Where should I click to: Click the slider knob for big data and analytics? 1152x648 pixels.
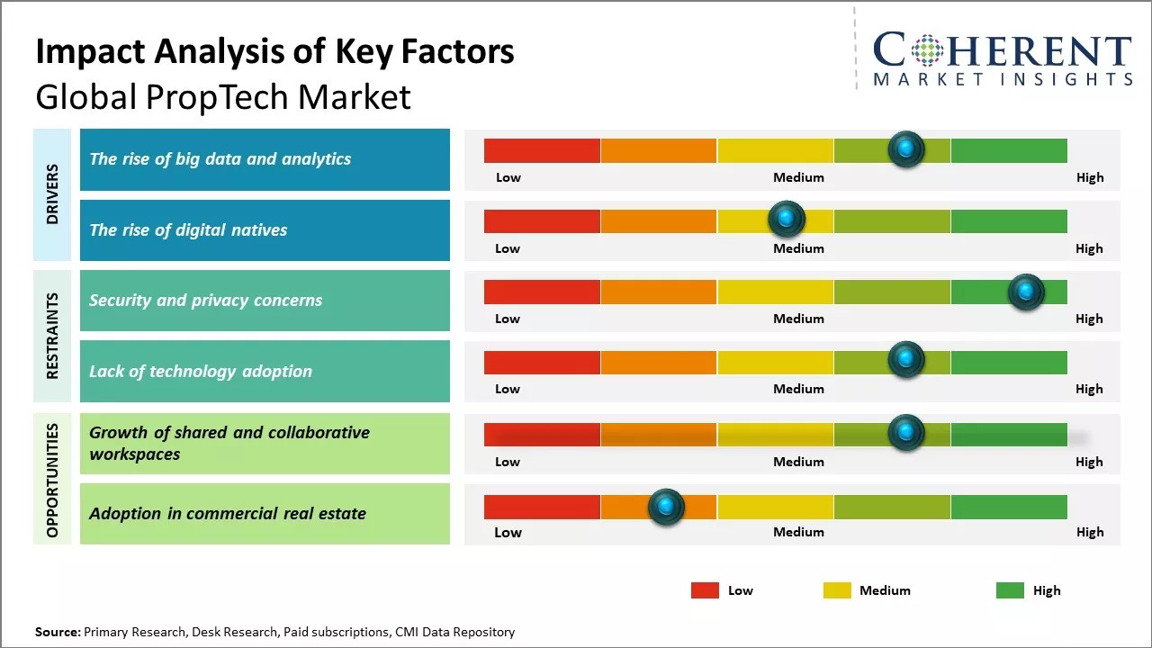pyautogui.click(x=906, y=148)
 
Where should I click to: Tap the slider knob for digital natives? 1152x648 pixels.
pyautogui.click(x=787, y=219)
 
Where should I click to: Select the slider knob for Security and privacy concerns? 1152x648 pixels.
pyautogui.click(x=1026, y=292)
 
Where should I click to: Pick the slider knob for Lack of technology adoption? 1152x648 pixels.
pyautogui.click(x=906, y=360)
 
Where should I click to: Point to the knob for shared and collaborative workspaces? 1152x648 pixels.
pyautogui.click(x=906, y=433)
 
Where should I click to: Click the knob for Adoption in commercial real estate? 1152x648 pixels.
pyautogui.click(x=666, y=507)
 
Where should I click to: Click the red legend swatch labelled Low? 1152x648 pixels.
pyautogui.click(x=705, y=590)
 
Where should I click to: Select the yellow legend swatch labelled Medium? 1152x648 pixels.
pyautogui.click(x=837, y=590)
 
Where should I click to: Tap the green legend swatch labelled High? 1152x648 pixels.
pyautogui.click(x=1010, y=590)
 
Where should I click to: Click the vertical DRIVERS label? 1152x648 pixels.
pyautogui.click(x=52, y=193)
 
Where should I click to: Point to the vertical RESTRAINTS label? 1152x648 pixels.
pyautogui.click(x=52, y=336)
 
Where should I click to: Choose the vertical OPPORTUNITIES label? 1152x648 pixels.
pyautogui.click(x=52, y=481)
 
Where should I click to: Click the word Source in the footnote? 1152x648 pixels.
pyautogui.click(x=57, y=632)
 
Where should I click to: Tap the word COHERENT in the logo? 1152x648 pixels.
pyautogui.click(x=1002, y=51)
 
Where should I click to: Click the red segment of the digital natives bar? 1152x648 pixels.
pyautogui.click(x=542, y=220)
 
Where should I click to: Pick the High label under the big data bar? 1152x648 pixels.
pyautogui.click(x=1090, y=177)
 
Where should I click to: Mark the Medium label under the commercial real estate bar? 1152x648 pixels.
pyautogui.click(x=798, y=532)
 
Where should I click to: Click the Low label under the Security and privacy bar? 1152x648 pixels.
pyautogui.click(x=508, y=319)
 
